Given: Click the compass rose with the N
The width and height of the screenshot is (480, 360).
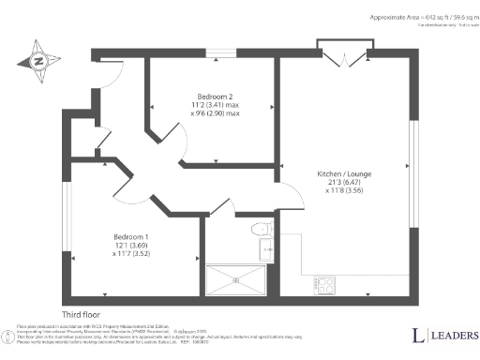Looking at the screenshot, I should click(x=37, y=62).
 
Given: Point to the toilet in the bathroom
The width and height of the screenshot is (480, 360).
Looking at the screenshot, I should click(x=262, y=229).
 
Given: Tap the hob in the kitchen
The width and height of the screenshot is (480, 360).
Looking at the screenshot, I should click(x=327, y=282).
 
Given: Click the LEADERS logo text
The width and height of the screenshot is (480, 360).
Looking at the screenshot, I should click(x=453, y=336).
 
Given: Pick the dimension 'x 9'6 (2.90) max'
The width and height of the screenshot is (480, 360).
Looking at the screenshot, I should click(x=215, y=114).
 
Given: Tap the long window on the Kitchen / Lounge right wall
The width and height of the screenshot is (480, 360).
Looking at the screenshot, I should click(x=413, y=172).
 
